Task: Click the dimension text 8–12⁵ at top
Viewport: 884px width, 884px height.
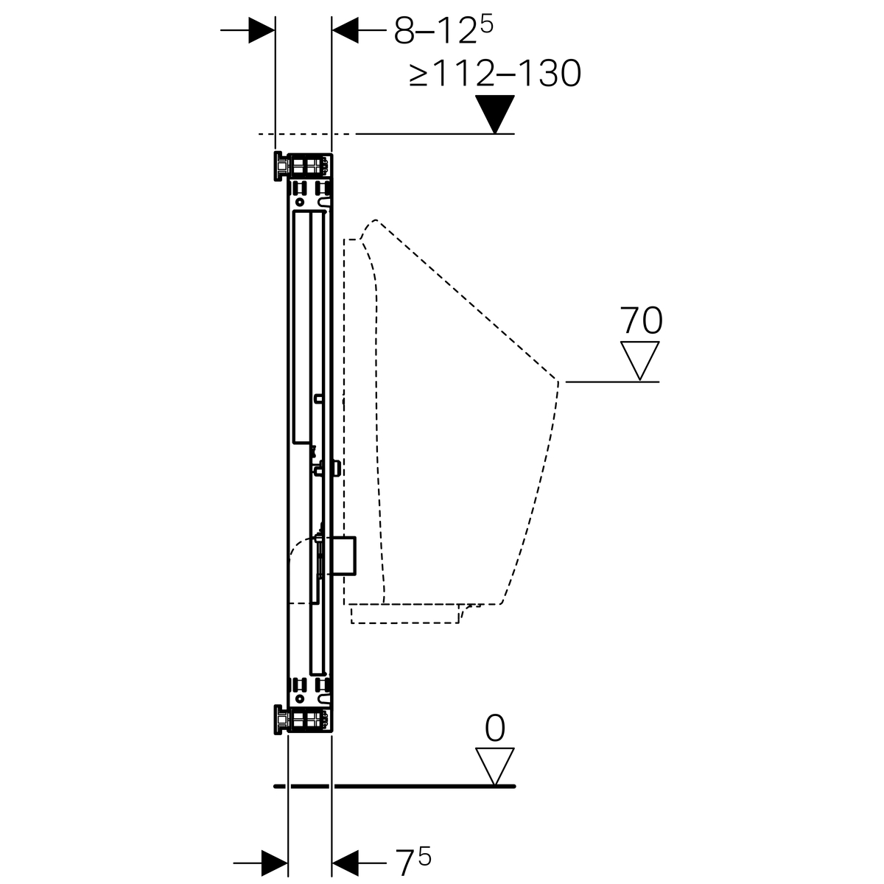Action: [x=443, y=30]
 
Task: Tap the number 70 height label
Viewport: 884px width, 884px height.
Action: [x=641, y=320]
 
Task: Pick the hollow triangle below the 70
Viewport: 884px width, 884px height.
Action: [x=640, y=360]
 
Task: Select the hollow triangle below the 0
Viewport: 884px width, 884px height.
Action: [x=495, y=767]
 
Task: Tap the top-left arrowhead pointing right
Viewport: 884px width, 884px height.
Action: [x=262, y=30]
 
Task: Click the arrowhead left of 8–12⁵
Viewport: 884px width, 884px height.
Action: [x=345, y=30]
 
